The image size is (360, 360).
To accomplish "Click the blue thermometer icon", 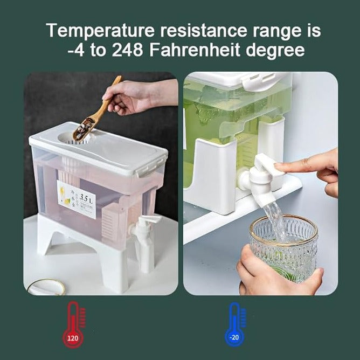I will tap(234, 323).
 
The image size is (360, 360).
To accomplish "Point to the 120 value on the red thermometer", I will tap(72, 338).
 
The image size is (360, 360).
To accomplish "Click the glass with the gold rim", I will tap(283, 245).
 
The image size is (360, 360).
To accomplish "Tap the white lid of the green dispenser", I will tap(237, 79).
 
